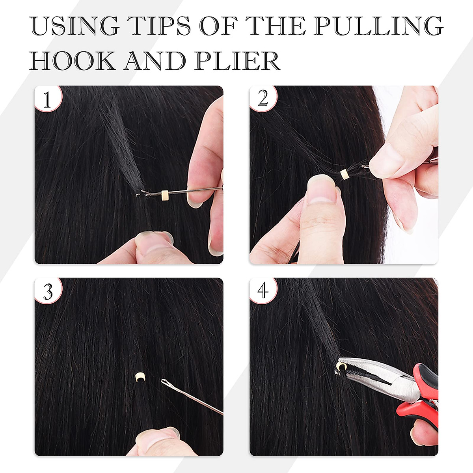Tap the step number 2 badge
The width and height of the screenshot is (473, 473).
pyautogui.click(x=263, y=99)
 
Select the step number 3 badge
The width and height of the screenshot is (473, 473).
pyautogui.click(x=48, y=292)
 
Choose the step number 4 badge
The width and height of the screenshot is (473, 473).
pyautogui.click(x=263, y=291)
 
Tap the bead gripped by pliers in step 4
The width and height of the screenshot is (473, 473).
pyautogui.click(x=339, y=368)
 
